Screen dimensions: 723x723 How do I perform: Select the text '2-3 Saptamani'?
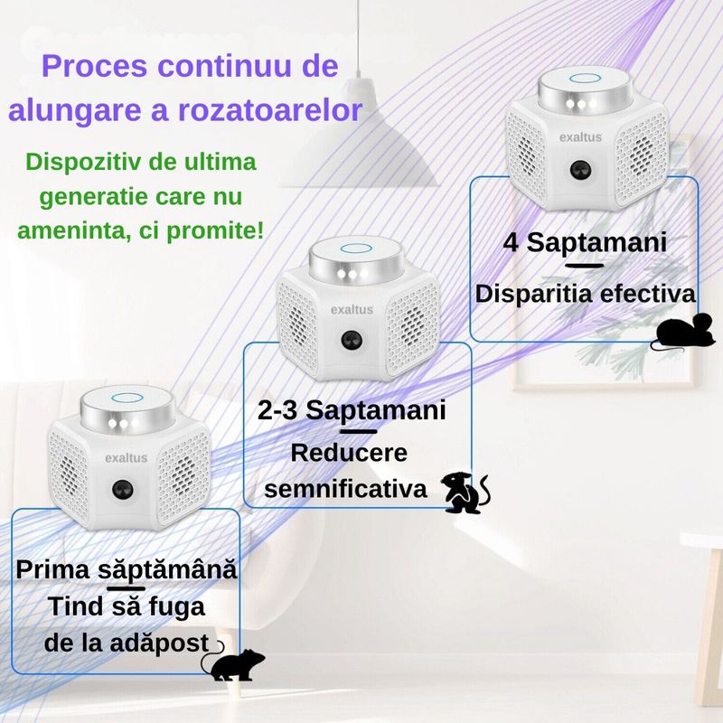pos(352,410)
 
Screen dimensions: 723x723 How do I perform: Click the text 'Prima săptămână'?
pos(127,570)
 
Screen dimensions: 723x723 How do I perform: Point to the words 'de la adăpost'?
pos(119,643)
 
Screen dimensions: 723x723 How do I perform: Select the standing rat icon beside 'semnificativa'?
pos(465,493)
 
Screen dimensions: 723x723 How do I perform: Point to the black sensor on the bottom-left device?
pos(119,489)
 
